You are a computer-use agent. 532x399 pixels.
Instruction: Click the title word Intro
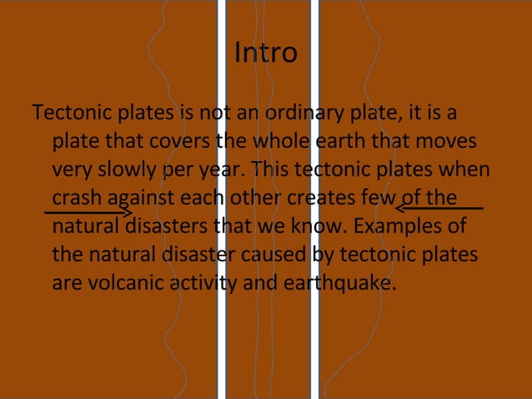[265, 52]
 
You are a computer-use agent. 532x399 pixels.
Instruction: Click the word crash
[75, 198]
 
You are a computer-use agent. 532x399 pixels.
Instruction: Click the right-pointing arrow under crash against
[88, 212]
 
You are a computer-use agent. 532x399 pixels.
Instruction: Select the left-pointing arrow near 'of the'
[439, 208]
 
